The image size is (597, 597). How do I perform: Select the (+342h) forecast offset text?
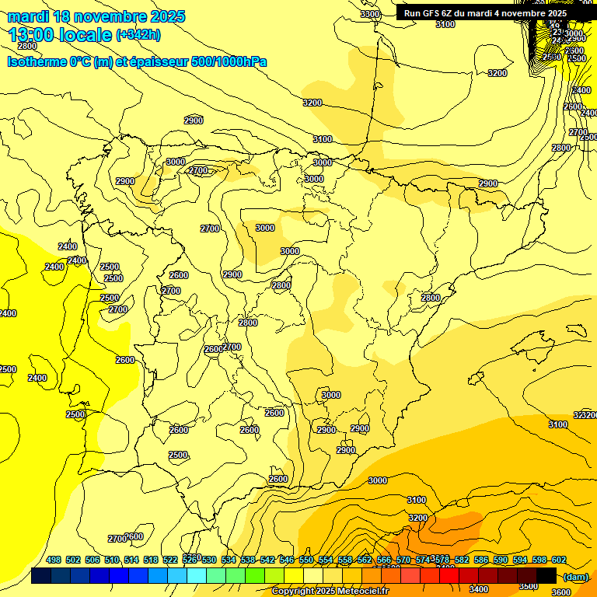138,35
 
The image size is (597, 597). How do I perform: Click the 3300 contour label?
370,15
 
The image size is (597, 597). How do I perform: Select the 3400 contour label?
479,590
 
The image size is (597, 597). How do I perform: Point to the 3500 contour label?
528,586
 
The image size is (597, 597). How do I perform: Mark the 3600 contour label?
560,592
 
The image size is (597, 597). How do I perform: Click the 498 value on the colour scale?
54,560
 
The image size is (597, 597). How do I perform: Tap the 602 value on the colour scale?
559,560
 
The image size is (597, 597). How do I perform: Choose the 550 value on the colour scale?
306,560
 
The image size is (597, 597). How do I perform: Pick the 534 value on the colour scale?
229,560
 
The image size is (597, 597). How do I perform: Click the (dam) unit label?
575,576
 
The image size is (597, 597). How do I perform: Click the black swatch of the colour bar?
546,575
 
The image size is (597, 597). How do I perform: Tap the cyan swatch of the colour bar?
197,575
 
